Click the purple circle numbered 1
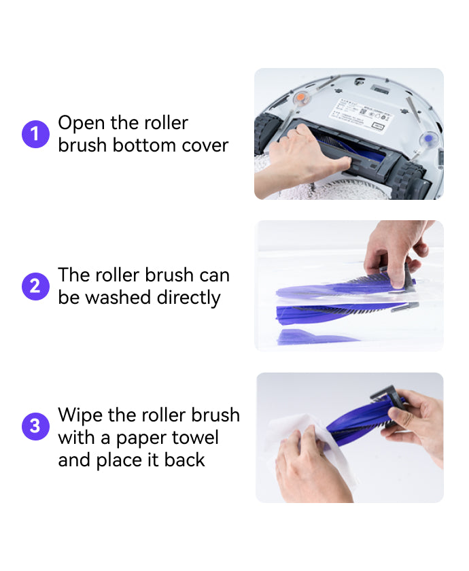click(35, 134)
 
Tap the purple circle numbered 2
click(35, 286)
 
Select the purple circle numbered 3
click(35, 426)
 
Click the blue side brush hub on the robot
click(428, 139)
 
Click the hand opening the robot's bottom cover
click(306, 153)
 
